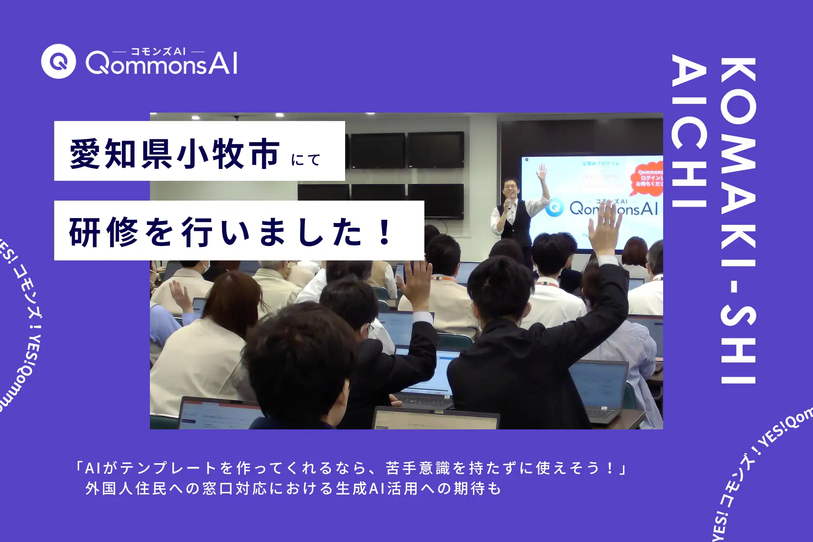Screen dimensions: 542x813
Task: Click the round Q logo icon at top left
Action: tap(58, 61)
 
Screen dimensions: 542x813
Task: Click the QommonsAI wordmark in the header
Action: tap(161, 64)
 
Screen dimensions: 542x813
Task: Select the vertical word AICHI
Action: tap(689, 131)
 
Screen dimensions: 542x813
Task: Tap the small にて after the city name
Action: tap(306, 160)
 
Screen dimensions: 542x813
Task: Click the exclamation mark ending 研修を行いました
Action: tap(385, 232)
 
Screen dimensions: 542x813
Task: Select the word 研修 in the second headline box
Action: tap(104, 232)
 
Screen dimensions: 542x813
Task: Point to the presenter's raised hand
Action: tap(542, 172)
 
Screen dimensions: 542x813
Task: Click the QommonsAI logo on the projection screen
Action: tap(601, 208)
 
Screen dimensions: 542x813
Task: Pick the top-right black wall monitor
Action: tap(435, 150)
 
